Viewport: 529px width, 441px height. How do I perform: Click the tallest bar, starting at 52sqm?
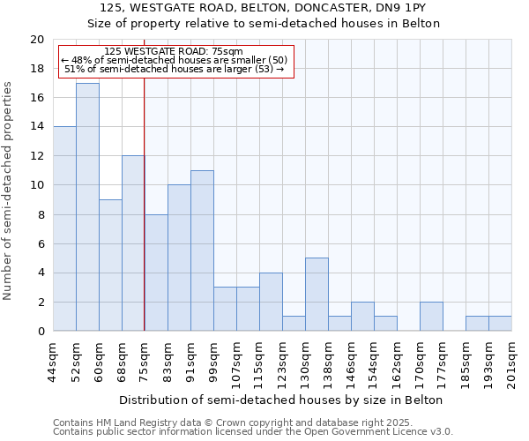(x=87, y=206)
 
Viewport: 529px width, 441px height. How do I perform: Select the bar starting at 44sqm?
(x=64, y=228)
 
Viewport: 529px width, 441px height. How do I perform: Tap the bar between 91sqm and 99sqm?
(x=202, y=250)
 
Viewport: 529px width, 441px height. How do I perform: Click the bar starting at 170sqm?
(x=431, y=316)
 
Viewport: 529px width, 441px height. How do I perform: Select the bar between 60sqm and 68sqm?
(x=110, y=265)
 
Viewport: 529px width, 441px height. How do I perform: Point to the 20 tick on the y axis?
(x=36, y=40)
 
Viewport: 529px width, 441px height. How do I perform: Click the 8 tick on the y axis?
(x=40, y=214)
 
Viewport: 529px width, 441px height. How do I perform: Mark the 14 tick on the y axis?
(x=36, y=127)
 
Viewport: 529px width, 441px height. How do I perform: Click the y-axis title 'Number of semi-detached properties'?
(x=9, y=191)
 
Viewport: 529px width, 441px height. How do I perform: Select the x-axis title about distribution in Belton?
(x=282, y=400)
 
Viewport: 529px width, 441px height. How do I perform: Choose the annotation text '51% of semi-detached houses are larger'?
(x=175, y=69)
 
